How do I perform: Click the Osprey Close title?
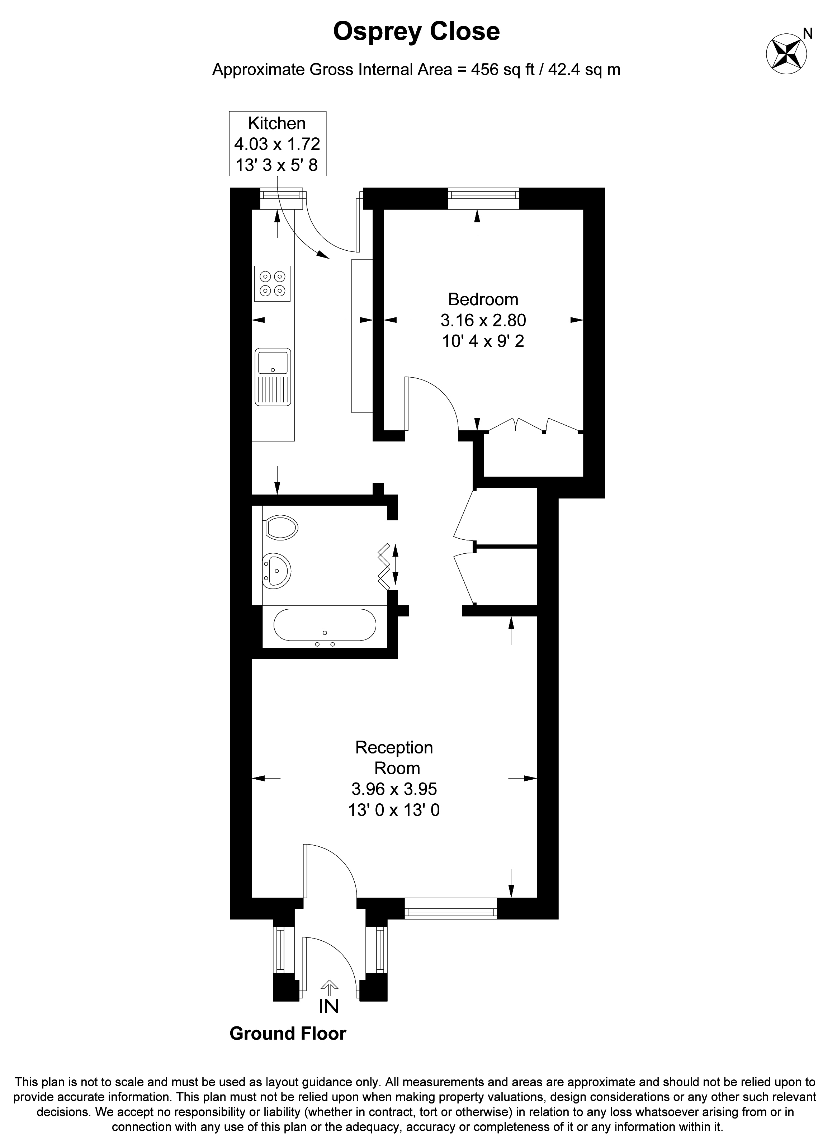click(416, 32)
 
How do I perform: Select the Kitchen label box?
click(277, 144)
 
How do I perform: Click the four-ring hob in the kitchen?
click(272, 284)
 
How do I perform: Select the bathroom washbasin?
click(276, 571)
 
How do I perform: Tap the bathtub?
click(325, 626)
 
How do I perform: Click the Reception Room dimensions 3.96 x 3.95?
click(394, 789)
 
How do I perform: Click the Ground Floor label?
click(287, 1034)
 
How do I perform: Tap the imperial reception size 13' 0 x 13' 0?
click(394, 810)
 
